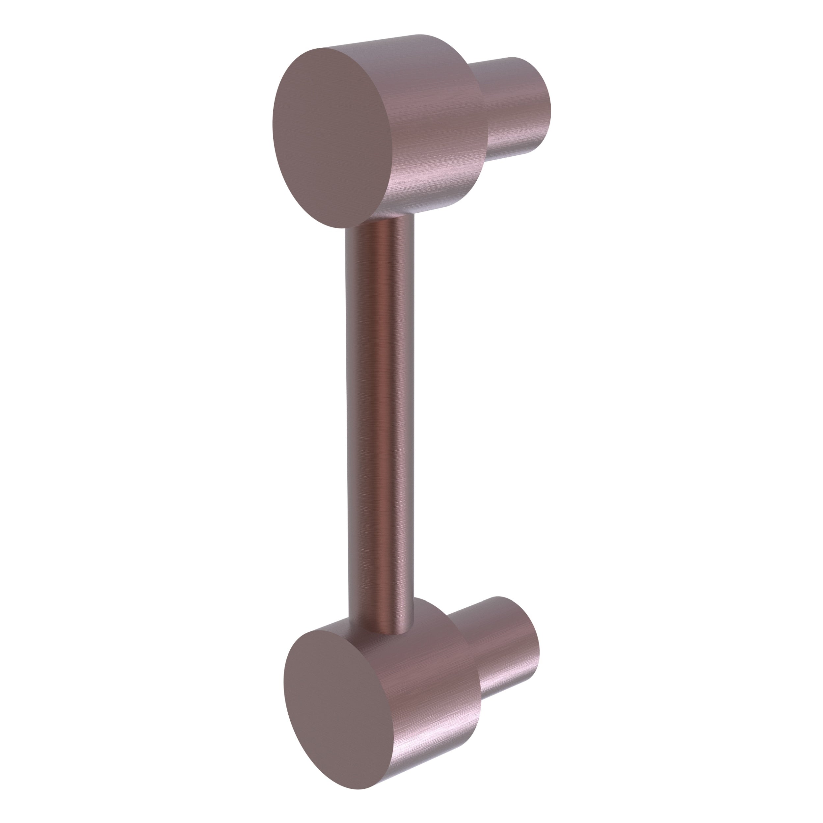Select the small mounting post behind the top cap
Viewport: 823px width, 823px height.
[518, 106]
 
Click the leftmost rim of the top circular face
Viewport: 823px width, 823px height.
[274, 128]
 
